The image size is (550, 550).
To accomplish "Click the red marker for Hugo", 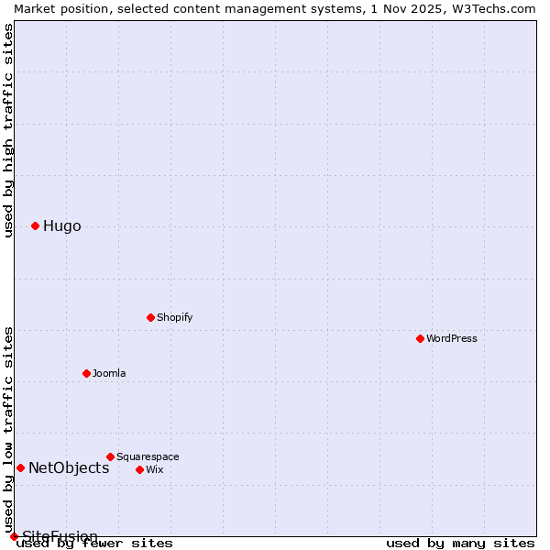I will click(35, 225).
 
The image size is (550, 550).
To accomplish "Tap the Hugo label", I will click(61, 226).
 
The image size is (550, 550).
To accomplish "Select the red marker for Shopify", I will click(150, 317).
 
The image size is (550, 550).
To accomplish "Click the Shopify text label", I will click(174, 318).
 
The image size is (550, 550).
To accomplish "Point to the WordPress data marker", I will click(420, 338).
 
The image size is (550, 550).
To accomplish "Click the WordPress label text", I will click(451, 339).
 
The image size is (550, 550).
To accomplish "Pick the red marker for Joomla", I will click(86, 373).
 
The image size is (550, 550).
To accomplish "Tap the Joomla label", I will click(109, 374).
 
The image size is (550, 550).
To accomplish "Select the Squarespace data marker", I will click(110, 456).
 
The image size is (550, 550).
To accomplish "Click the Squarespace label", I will click(148, 457).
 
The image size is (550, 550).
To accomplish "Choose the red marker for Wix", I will click(139, 469).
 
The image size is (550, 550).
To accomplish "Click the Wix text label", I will click(154, 470).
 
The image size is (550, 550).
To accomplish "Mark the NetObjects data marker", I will click(20, 467).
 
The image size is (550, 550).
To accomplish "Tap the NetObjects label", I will click(69, 468).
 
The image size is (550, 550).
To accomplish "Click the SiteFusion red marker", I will click(14, 536).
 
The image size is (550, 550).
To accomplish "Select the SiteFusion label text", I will click(60, 536).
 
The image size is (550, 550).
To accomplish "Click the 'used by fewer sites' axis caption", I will click(94, 544).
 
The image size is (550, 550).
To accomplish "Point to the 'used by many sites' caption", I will click(460, 544).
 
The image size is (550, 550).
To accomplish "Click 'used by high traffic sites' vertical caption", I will click(8, 130).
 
